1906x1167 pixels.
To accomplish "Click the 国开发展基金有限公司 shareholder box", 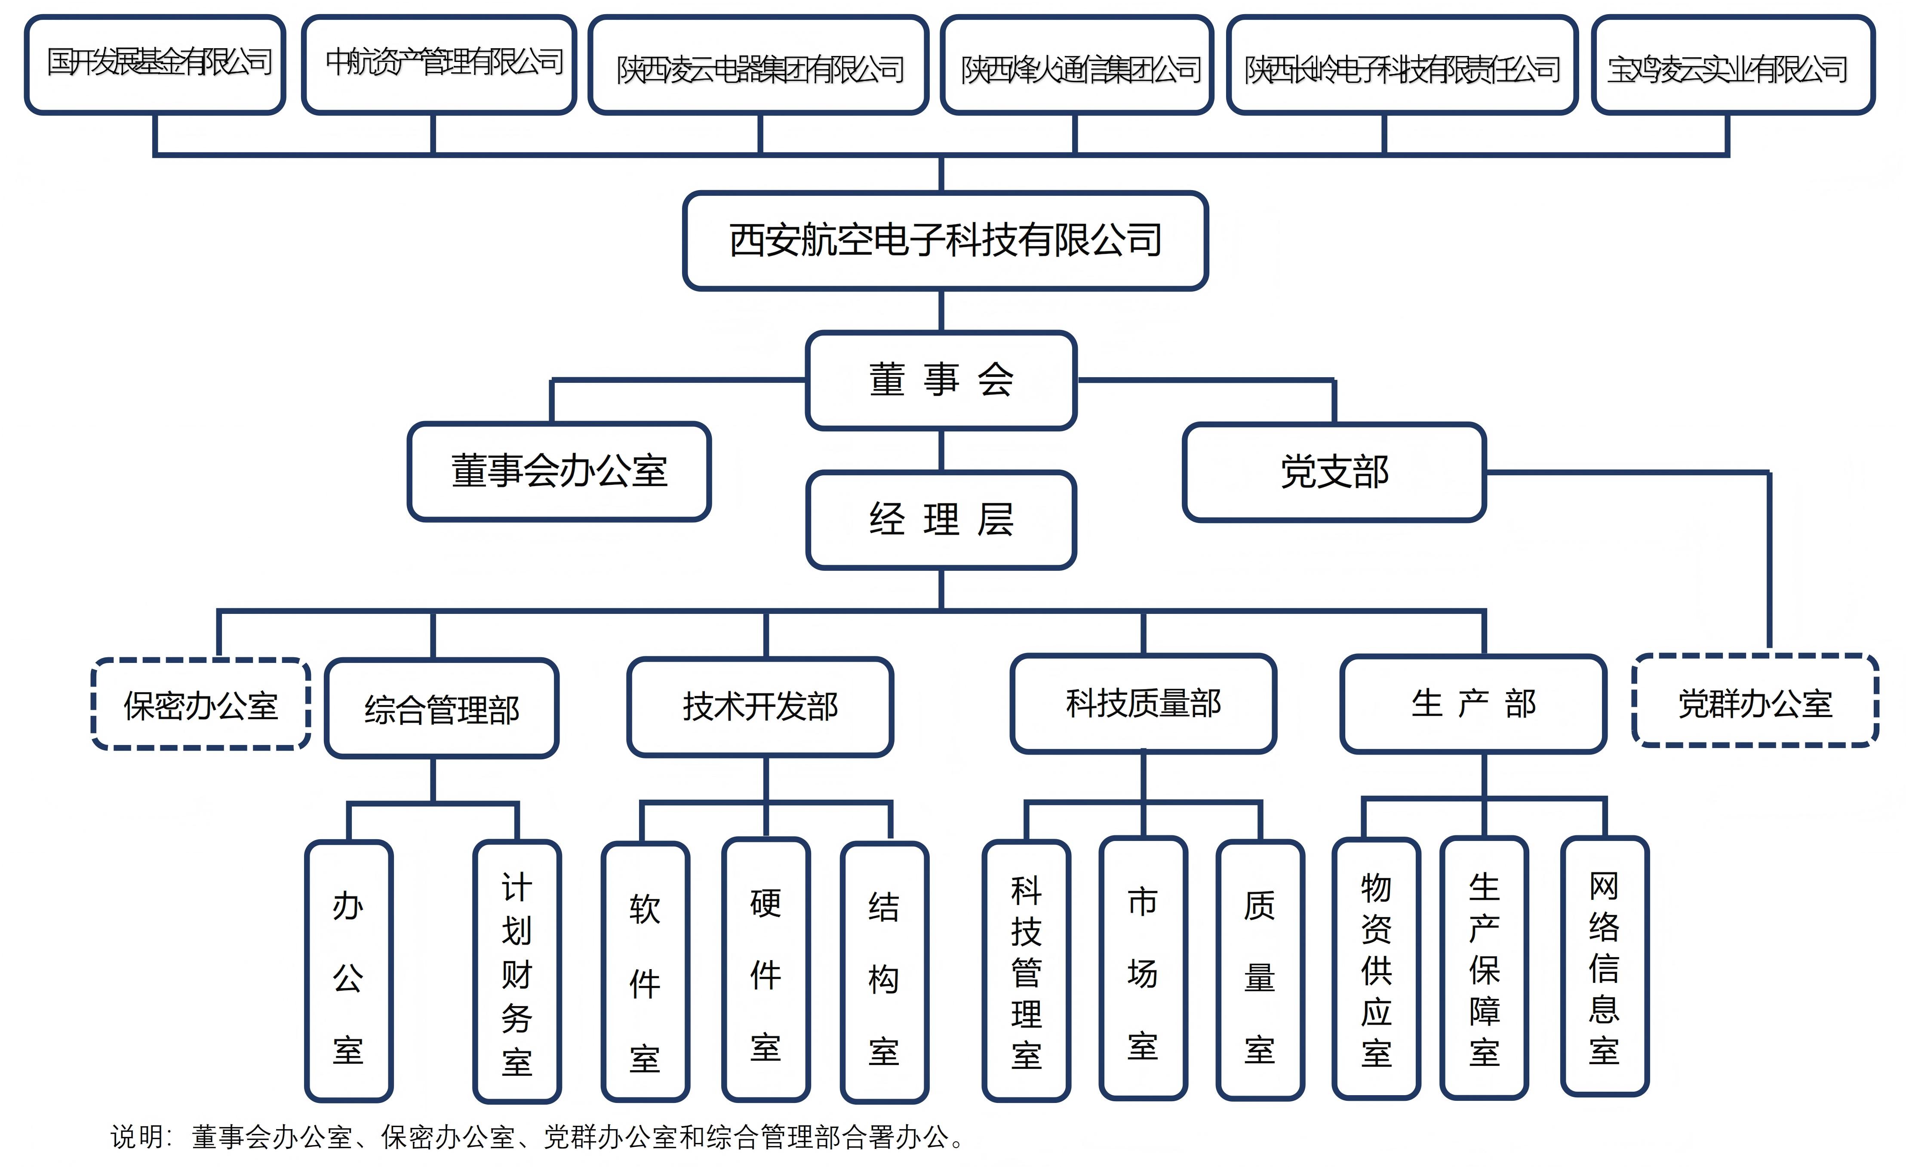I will click(156, 65).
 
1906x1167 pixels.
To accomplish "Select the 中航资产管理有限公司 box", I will click(440, 65).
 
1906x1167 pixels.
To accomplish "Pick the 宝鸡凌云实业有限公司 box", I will click(1733, 67).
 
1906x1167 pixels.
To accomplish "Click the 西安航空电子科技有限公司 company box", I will click(945, 241).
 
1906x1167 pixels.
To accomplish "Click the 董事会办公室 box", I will click(559, 471).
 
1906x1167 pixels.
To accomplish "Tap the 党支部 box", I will click(1334, 472).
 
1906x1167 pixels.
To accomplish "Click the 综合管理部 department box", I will click(442, 708).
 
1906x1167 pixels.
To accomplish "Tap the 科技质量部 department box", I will click(1143, 703).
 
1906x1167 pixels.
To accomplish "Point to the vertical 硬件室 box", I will click(766, 970).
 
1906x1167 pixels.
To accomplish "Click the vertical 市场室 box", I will click(1143, 969).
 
